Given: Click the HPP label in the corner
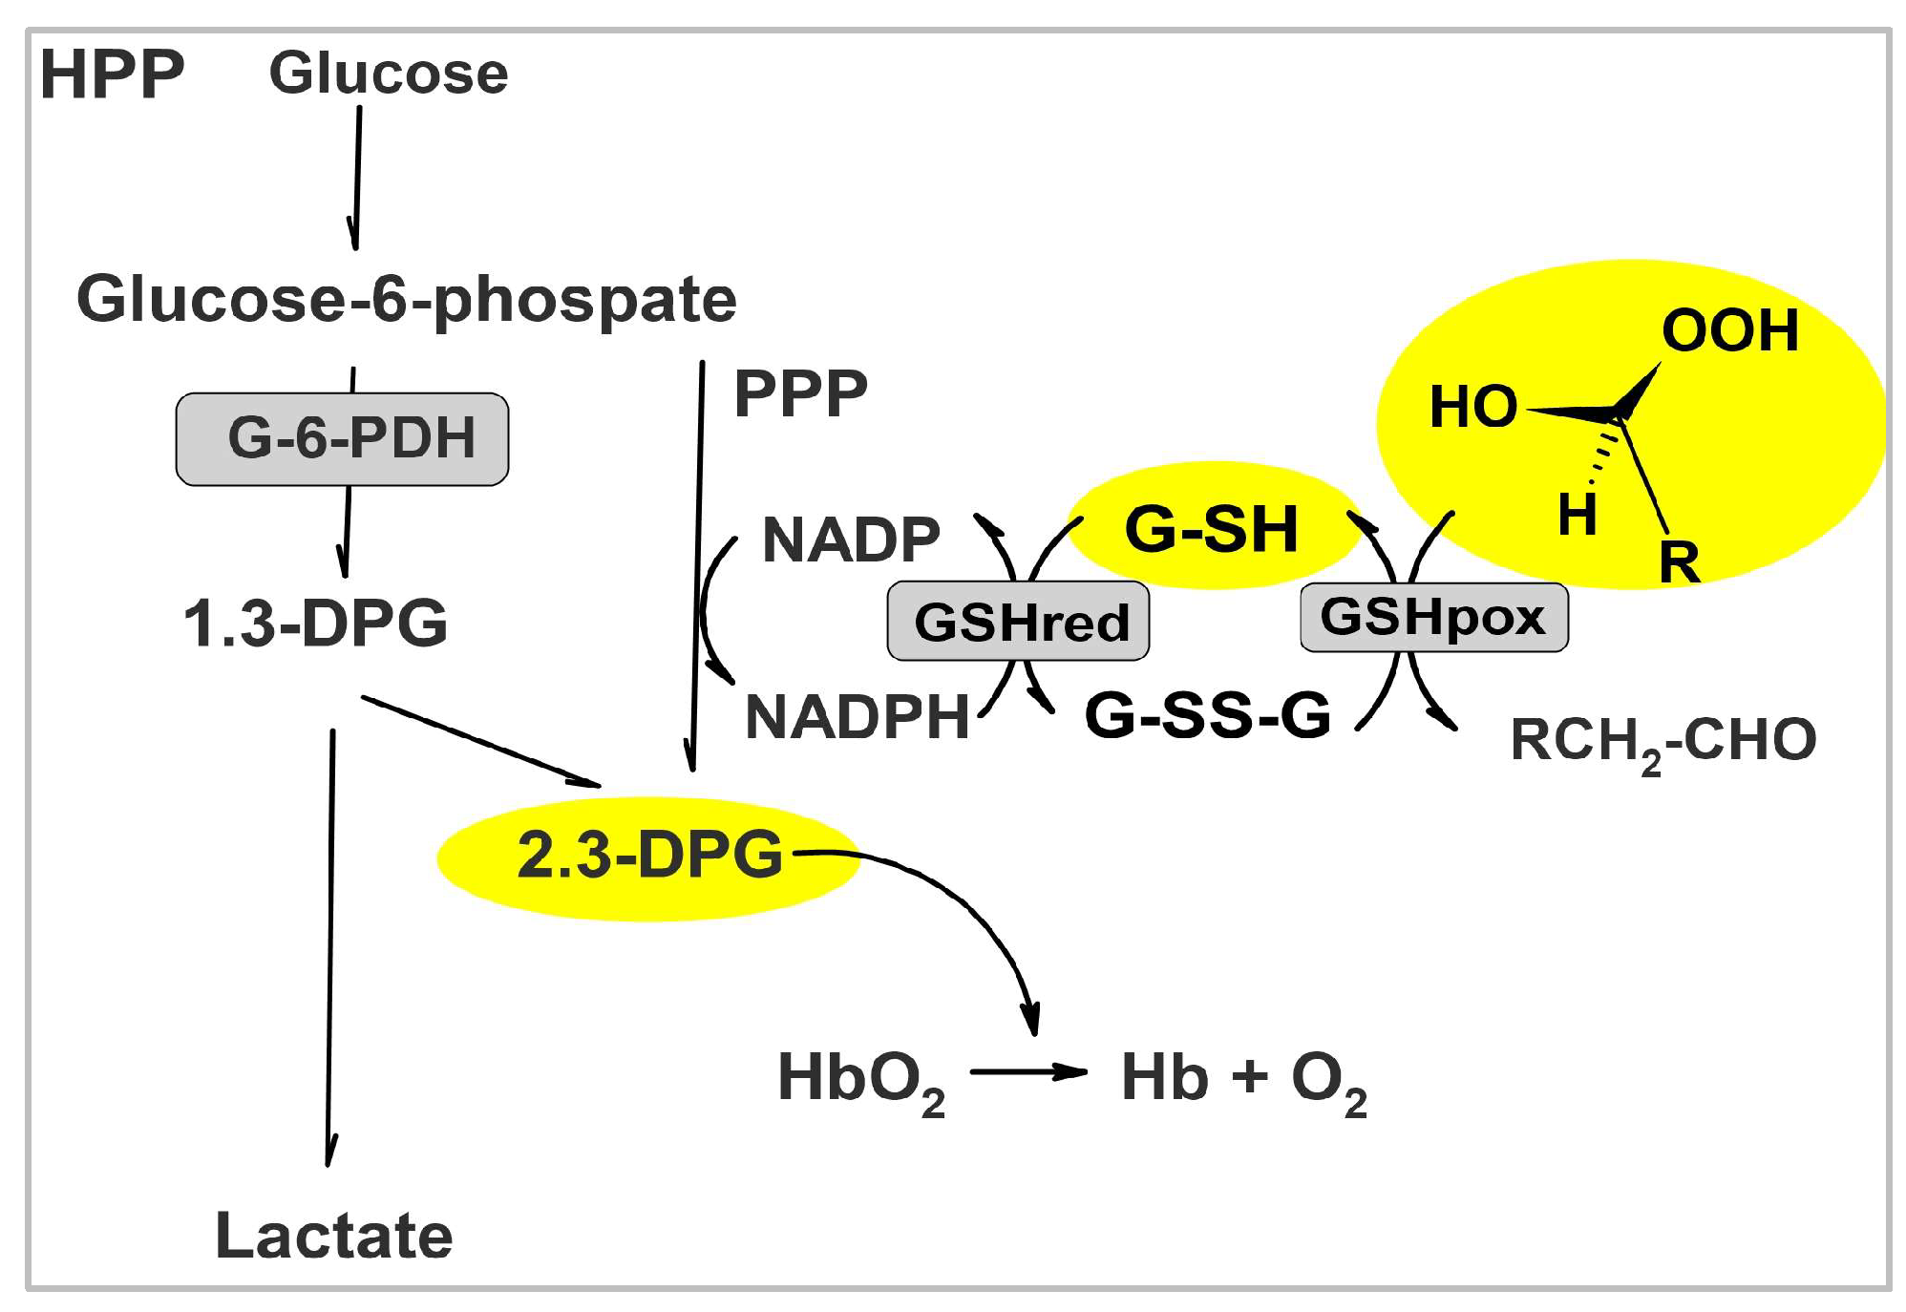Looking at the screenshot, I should [112, 74].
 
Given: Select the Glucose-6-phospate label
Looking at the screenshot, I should [406, 299].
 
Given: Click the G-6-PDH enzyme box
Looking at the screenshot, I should [343, 438].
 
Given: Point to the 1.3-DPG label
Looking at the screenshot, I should [315, 623].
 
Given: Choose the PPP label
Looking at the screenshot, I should [800, 392].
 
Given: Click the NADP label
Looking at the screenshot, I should [851, 540].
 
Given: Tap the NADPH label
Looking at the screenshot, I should [857, 717].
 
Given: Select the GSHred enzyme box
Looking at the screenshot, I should [1018, 622].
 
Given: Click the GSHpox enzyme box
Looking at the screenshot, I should [1433, 617].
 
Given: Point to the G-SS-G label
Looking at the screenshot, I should [1207, 714].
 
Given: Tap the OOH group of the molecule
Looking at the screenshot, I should [1729, 330].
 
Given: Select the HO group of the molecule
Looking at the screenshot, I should [1472, 407].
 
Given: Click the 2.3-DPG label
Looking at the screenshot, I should [649, 855].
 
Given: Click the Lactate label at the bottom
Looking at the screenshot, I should [333, 1236].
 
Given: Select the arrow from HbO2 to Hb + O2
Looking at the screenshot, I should [1027, 1072].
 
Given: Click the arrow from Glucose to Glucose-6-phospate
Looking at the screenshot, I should [357, 177].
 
